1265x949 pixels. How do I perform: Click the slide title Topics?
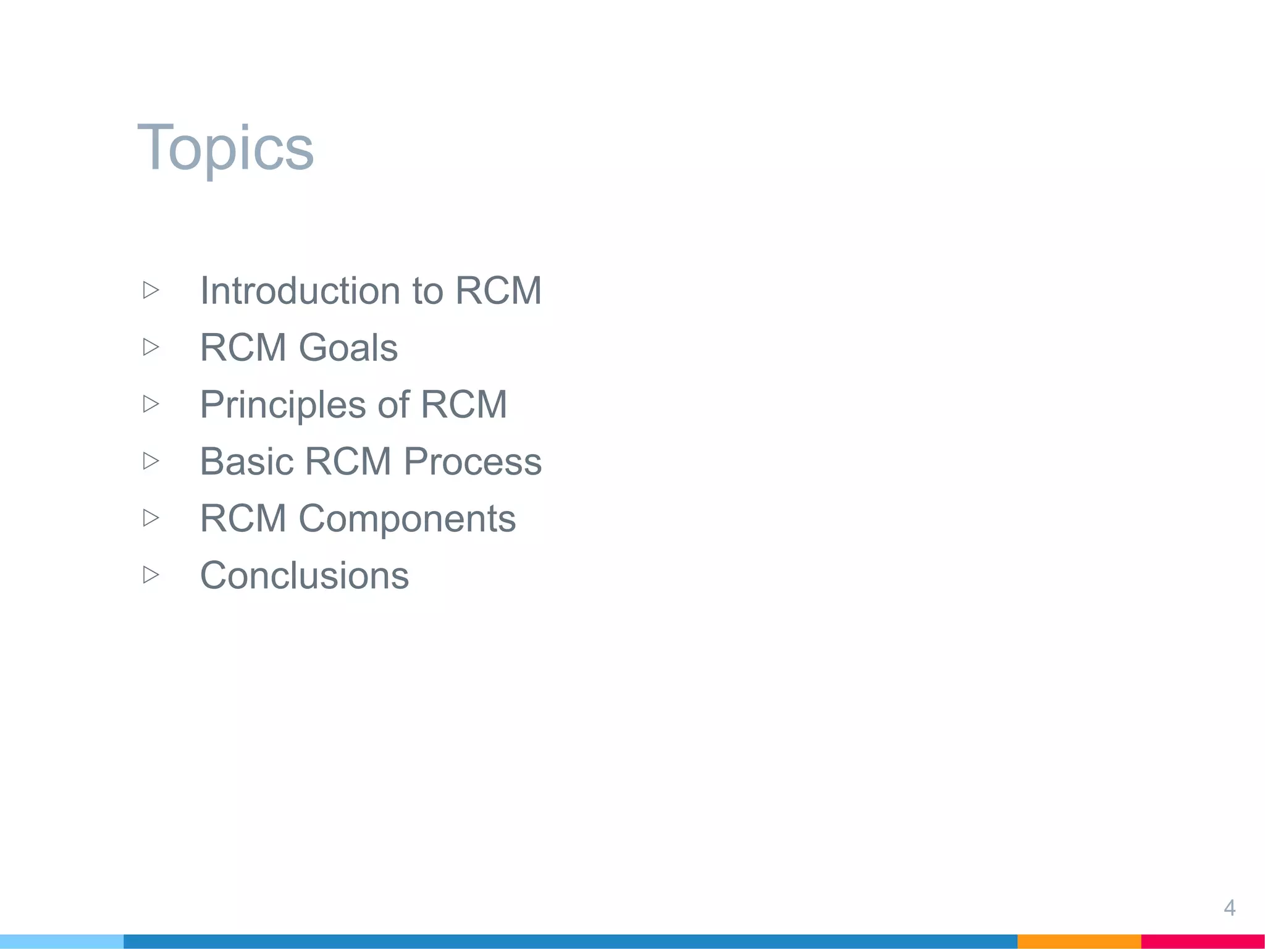(225, 148)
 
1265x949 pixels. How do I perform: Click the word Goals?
(348, 347)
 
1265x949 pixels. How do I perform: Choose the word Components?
(407, 518)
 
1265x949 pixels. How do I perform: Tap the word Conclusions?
(304, 575)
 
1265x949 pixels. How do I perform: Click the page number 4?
(1229, 908)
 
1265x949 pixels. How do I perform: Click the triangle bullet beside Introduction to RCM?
(151, 290)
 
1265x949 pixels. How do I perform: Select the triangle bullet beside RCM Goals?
(151, 347)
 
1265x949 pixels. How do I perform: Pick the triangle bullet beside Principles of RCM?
(151, 404)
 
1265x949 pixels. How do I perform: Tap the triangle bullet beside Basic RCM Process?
(151, 461)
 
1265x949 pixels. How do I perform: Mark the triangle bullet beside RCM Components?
(151, 518)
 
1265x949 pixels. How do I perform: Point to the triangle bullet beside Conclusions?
(151, 575)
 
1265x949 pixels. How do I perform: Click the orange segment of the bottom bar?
(1078, 942)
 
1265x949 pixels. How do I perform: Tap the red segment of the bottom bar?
(1203, 942)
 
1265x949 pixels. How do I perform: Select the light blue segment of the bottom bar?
(62, 942)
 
